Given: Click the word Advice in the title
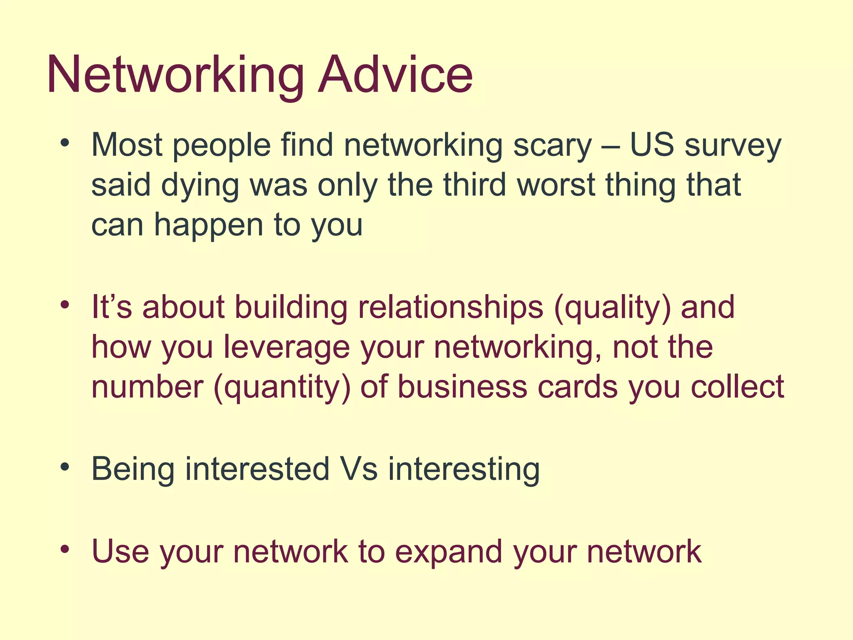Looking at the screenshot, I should pos(395,75).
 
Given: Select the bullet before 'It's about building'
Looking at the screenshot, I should pos(64,305).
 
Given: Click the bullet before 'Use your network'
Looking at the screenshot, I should pos(64,549).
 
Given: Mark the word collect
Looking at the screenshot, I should pos(737,387).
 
